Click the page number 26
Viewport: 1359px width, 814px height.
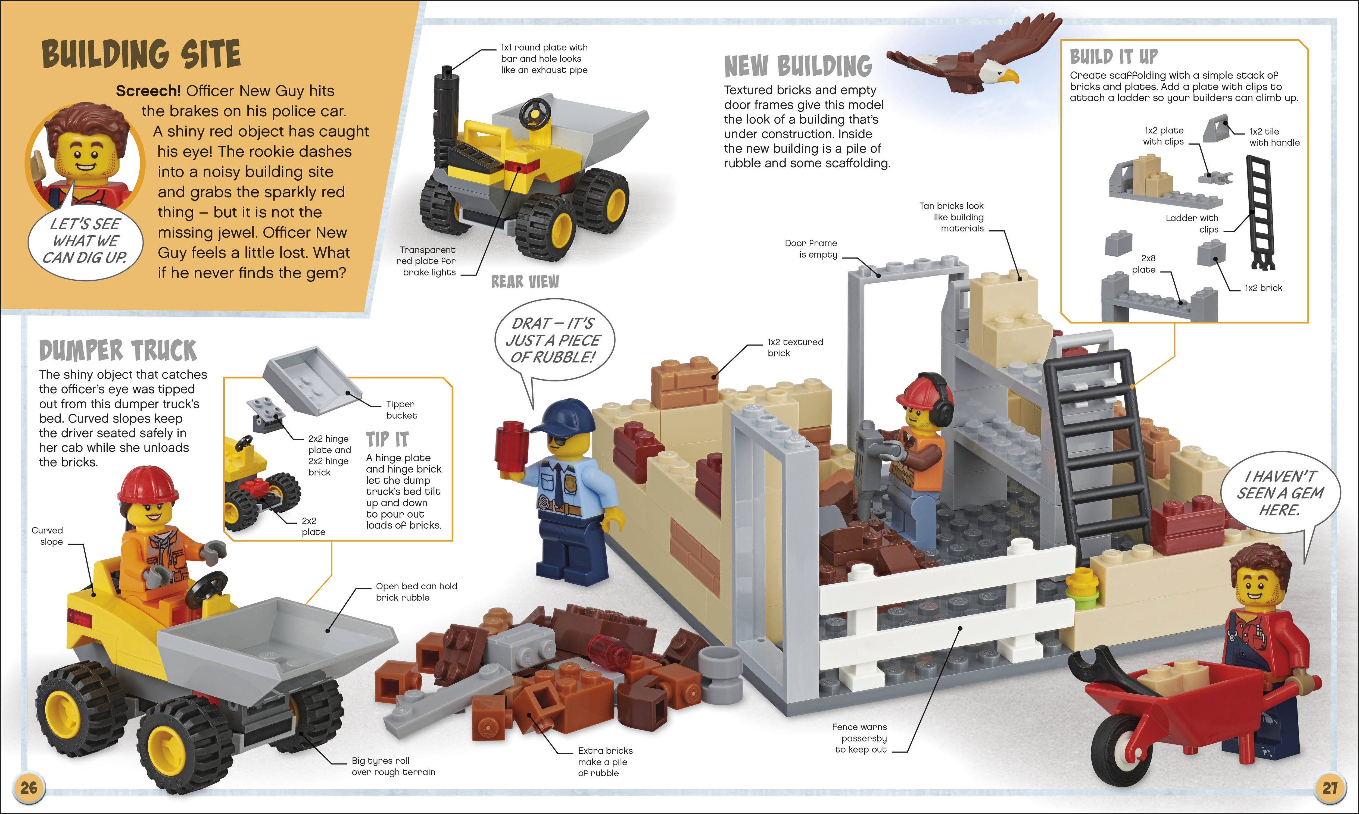coord(29,788)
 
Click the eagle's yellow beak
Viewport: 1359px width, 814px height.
coord(1009,76)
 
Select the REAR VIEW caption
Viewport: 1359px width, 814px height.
coord(525,281)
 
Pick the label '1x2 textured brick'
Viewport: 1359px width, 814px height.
coord(795,348)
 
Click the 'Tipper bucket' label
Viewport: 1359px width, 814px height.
coord(401,410)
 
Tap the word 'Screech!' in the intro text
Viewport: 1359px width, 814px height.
coord(148,90)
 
